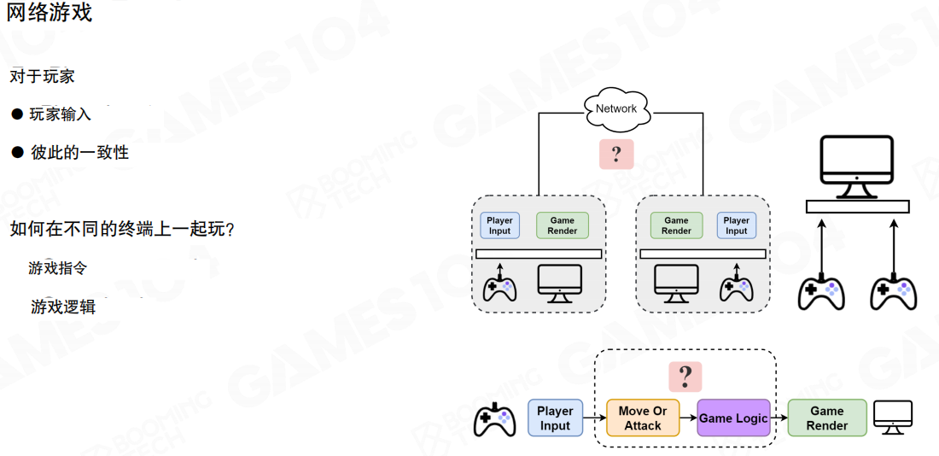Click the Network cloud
[x=616, y=108]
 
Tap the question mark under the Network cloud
[x=615, y=155]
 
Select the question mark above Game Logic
[x=685, y=376]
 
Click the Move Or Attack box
[x=643, y=418]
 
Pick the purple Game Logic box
[x=733, y=418]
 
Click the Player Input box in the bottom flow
[x=555, y=418]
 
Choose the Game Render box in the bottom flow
[x=826, y=418]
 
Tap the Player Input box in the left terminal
[x=499, y=225]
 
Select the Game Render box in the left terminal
[x=562, y=225]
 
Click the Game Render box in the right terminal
[x=676, y=225]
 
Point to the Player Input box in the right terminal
[x=736, y=225]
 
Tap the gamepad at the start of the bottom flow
[x=494, y=419]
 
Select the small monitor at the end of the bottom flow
[x=893, y=418]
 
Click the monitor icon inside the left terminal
[x=559, y=284]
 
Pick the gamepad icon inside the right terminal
[x=736, y=286]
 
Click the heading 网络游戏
[x=50, y=13]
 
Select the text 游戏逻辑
[x=63, y=307]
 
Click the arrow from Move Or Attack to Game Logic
[x=688, y=418]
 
